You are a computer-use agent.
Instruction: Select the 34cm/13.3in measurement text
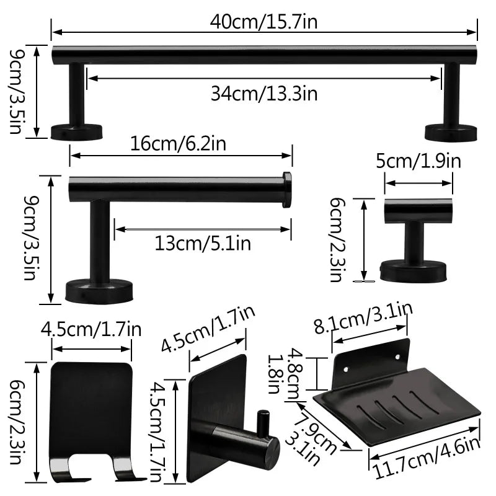263,94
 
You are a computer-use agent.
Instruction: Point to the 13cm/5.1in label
203,243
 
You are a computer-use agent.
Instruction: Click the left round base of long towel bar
76,131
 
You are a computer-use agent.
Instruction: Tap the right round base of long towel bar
451,131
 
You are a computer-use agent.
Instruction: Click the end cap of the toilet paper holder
286,189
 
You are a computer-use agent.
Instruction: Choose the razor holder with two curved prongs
92,422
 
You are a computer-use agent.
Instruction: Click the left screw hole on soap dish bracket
346,370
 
